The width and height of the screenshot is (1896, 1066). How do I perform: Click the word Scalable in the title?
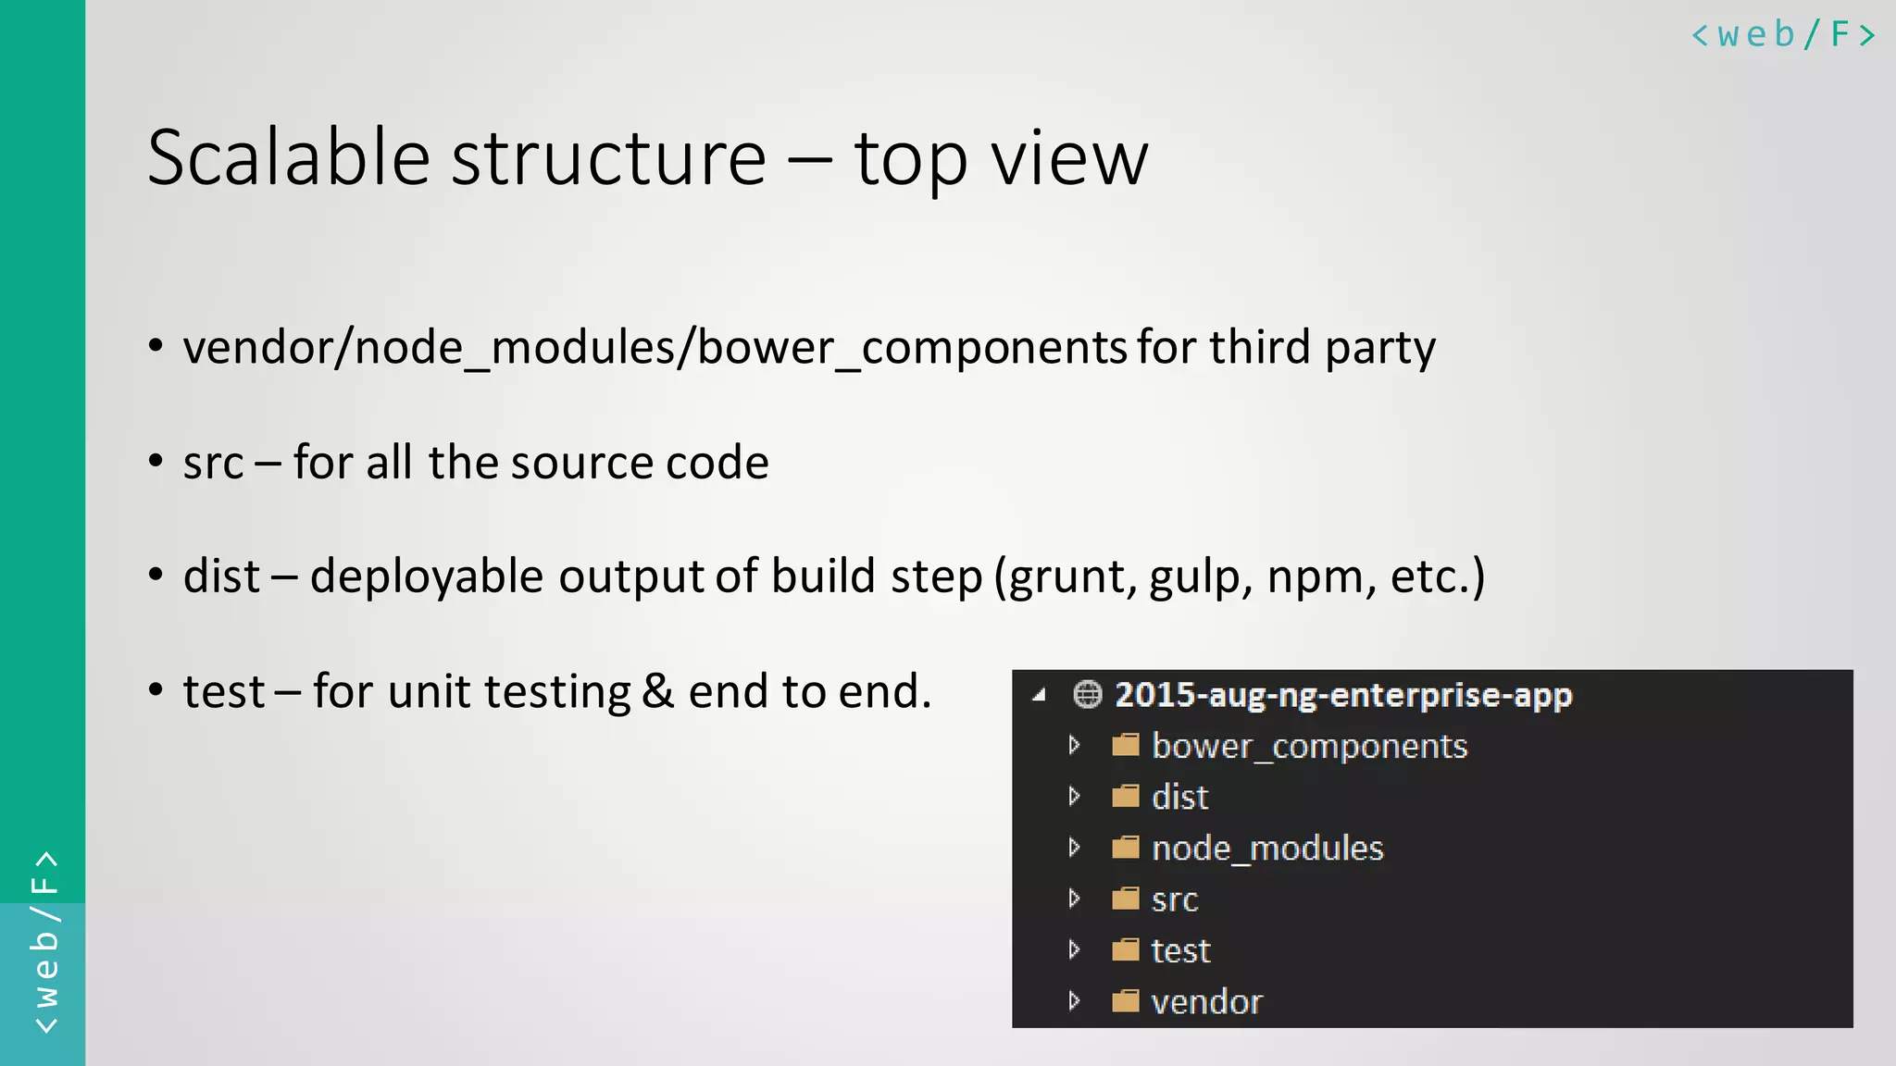288,158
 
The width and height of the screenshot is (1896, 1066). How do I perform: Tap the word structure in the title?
608,158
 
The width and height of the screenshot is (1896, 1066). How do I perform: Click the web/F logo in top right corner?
1782,35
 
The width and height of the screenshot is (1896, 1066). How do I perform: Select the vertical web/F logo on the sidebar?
44,942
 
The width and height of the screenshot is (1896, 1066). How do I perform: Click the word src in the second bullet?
213,463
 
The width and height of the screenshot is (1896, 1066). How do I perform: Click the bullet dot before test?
156,689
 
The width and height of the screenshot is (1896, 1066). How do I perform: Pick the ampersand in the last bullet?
657,691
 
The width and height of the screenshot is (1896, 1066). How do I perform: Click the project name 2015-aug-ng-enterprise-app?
1342,694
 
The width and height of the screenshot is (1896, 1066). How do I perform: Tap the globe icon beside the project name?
1087,694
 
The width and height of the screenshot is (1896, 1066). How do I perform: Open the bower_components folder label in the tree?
1309,746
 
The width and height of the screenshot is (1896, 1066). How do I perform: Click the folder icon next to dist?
1125,797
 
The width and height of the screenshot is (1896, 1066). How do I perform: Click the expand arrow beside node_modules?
1074,848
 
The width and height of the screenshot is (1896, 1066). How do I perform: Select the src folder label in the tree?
1174,899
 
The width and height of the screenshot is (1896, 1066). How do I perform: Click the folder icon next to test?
1125,950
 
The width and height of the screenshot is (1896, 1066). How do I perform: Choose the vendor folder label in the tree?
1206,1001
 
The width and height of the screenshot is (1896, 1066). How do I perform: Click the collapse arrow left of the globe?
1040,695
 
